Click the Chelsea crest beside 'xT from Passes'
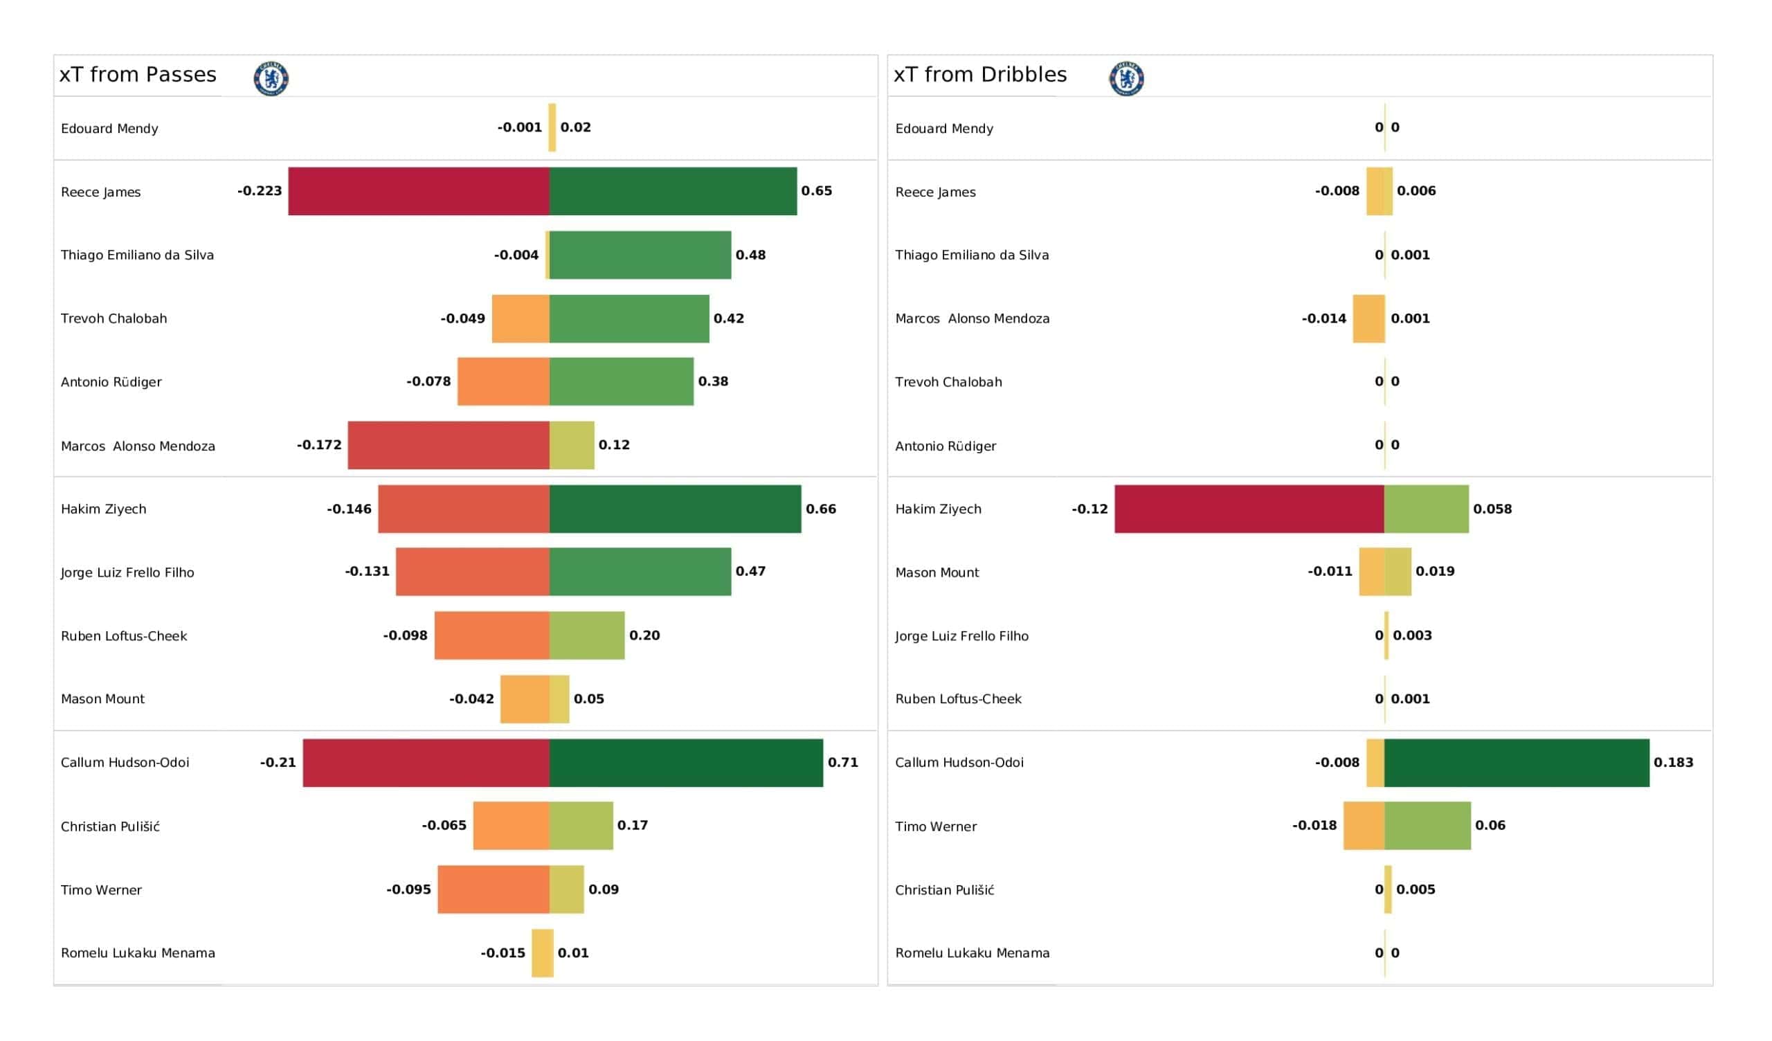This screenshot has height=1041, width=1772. coord(271,78)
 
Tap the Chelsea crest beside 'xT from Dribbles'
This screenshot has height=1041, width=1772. coord(1125,78)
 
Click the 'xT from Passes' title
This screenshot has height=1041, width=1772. coord(138,75)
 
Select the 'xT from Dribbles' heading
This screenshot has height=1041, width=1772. coord(979,75)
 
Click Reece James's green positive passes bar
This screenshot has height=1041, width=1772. coord(673,191)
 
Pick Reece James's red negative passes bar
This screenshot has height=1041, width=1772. coord(419,191)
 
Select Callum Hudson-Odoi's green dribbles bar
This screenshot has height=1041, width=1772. coord(1516,763)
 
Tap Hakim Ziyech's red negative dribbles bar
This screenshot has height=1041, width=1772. coord(1249,509)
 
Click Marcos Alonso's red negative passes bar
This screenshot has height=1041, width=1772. coord(449,445)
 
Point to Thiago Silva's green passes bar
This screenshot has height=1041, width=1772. coord(640,255)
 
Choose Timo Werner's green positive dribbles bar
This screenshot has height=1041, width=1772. coord(1427,826)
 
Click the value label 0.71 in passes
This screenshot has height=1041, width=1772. coord(842,763)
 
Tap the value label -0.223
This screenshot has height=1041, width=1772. coord(260,191)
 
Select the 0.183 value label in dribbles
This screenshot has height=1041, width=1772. coord(1673,763)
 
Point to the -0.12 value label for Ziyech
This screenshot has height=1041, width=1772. coord(1090,509)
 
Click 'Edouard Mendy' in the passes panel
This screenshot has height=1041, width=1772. coord(109,129)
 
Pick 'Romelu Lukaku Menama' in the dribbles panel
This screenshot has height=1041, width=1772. coord(972,953)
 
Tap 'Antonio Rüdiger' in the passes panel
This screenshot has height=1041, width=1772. coord(111,382)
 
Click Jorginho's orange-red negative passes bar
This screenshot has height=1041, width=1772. coord(473,572)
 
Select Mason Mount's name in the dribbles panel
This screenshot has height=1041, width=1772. coord(937,572)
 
